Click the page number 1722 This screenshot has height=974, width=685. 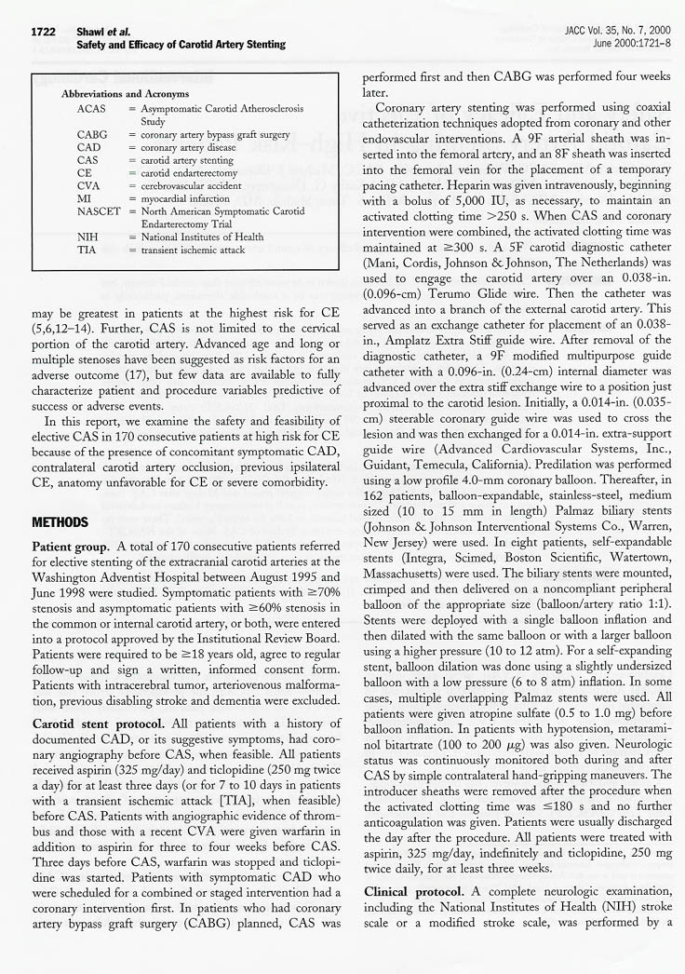click(x=43, y=32)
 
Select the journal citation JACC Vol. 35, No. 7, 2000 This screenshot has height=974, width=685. click(x=604, y=32)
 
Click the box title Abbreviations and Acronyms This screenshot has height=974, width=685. click(x=125, y=94)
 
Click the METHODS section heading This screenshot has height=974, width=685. click(x=60, y=521)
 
